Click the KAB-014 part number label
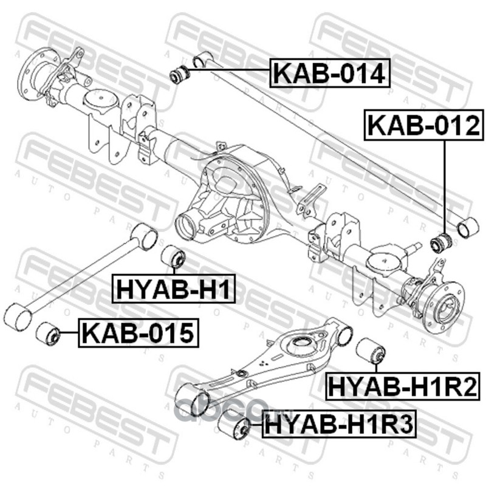coord(330,73)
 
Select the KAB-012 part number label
coord(423,125)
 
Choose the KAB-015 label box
coord(139,333)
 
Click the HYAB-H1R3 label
coord(339,424)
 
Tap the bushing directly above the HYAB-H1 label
coord(174,256)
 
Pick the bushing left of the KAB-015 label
coord(47,334)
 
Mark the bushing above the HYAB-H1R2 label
coord(371,351)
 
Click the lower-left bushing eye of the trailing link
coord(18,317)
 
